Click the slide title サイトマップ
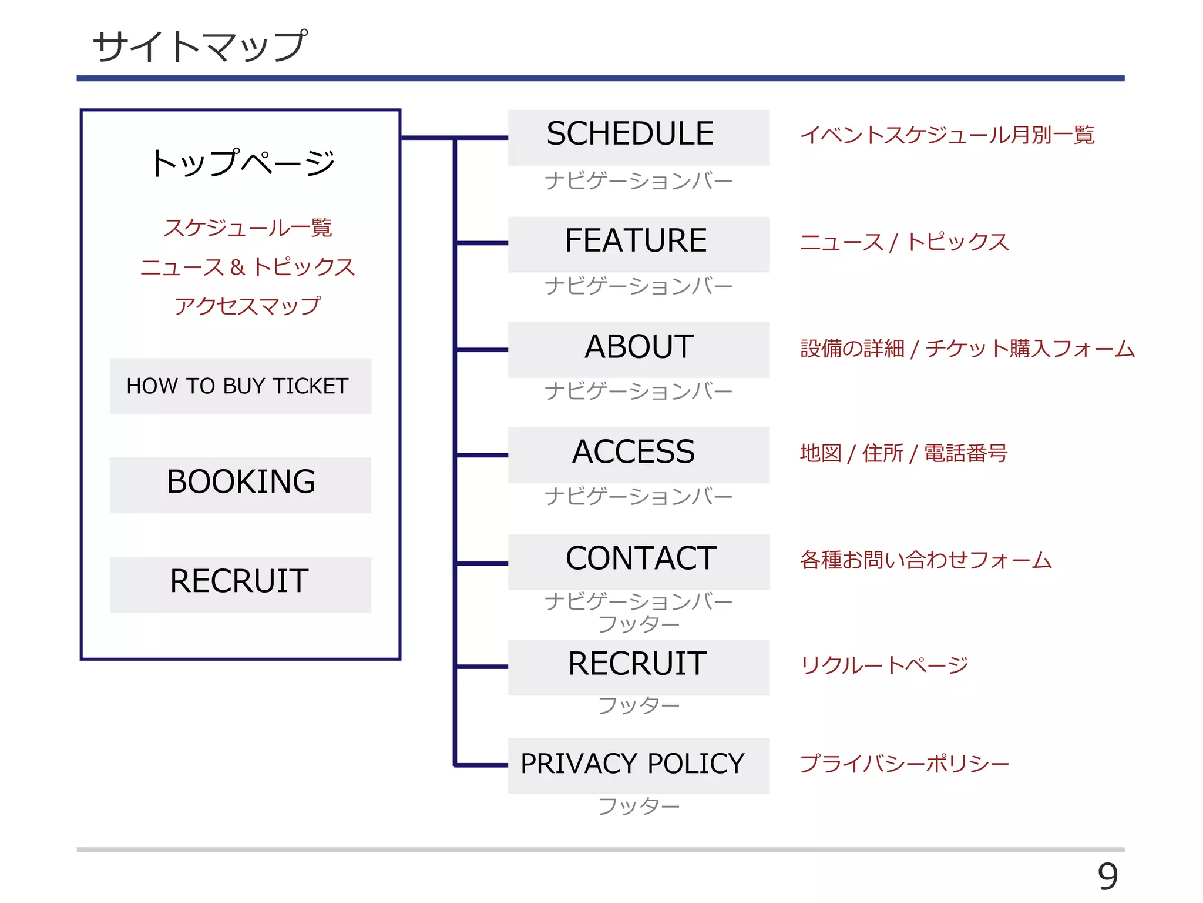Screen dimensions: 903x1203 [x=200, y=46]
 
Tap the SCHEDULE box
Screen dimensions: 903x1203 [x=639, y=137]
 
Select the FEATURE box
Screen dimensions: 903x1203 [x=639, y=243]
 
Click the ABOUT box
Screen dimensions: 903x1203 [x=639, y=349]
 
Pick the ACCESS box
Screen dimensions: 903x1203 [x=639, y=454]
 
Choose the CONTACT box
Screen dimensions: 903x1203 [x=639, y=561]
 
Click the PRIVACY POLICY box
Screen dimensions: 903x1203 [x=639, y=765]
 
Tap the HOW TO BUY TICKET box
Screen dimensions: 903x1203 [x=240, y=386]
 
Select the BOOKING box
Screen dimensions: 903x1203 [x=240, y=484]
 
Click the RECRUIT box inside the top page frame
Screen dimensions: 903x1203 [x=240, y=584]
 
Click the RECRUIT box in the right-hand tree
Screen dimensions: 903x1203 [x=639, y=667]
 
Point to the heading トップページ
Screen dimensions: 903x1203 [x=241, y=163]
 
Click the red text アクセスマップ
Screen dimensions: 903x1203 [x=247, y=306]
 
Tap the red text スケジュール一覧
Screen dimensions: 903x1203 [x=247, y=228]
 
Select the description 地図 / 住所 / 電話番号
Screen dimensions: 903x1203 [x=903, y=454]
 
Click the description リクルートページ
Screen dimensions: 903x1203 [x=884, y=665]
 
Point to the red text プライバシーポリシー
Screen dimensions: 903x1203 [x=904, y=764]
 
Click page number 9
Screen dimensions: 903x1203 [x=1107, y=877]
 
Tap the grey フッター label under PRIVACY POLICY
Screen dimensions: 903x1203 [x=639, y=806]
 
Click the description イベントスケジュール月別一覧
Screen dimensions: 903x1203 [x=947, y=135]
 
